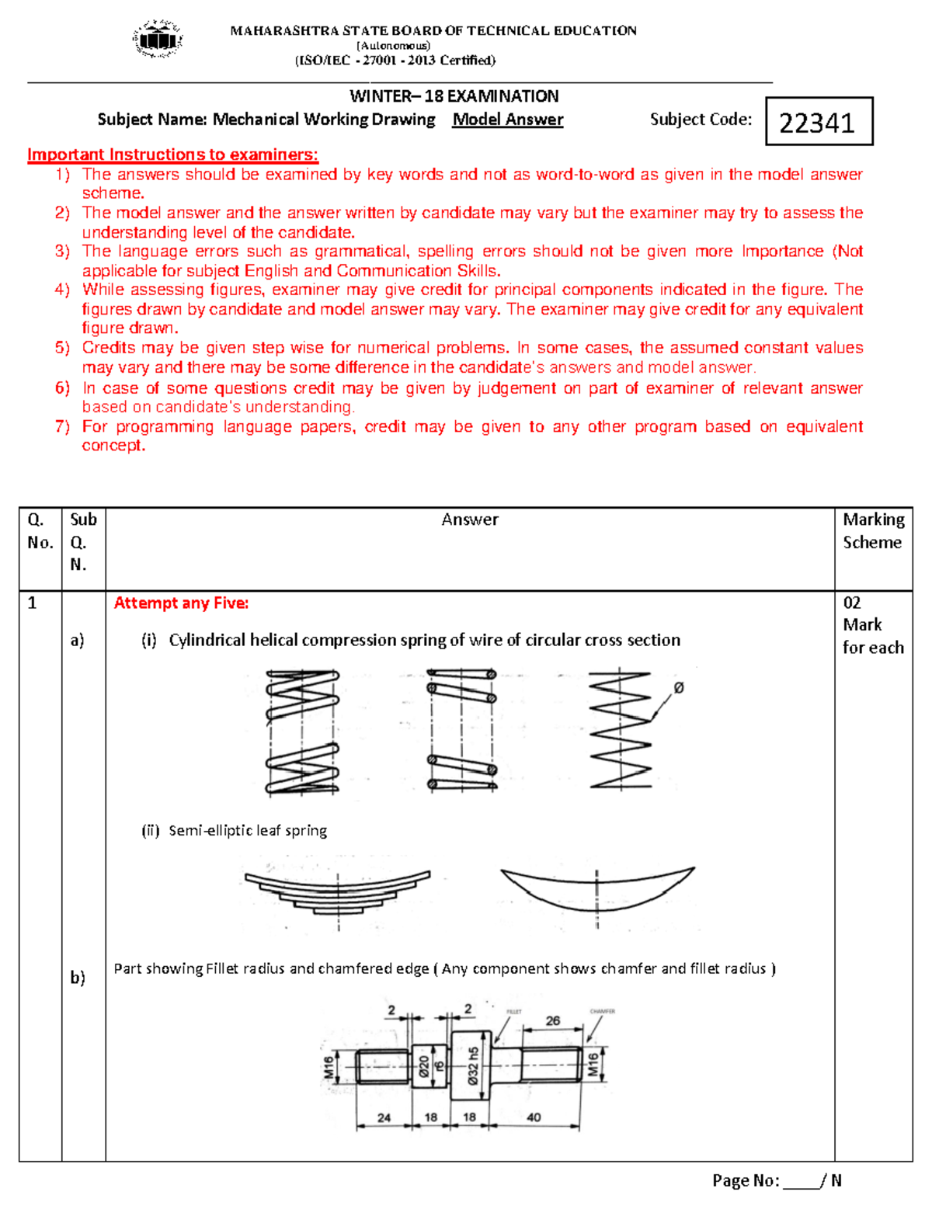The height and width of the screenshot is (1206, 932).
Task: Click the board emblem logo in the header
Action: (x=158, y=39)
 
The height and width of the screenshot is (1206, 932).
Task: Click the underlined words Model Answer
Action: (x=508, y=120)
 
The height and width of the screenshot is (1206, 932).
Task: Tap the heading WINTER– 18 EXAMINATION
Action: (x=454, y=96)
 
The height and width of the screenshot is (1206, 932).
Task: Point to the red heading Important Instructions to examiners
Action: (x=172, y=155)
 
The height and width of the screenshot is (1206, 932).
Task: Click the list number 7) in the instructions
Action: (x=62, y=426)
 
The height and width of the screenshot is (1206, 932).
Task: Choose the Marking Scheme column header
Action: (x=873, y=531)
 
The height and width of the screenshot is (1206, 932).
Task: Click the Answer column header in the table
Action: (x=470, y=520)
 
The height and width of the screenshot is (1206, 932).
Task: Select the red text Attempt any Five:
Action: (x=181, y=603)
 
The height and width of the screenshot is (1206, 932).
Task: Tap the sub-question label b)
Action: (x=78, y=978)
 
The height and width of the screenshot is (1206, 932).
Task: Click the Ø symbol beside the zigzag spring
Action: (x=678, y=687)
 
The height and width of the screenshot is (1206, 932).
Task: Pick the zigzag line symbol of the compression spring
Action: (x=619, y=730)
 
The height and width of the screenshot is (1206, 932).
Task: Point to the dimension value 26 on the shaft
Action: (x=552, y=1020)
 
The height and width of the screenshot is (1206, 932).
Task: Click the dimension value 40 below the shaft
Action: (x=534, y=1117)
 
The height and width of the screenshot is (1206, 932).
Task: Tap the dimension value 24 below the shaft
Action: (x=384, y=1117)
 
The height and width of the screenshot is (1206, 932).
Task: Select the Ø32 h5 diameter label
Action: (x=473, y=1065)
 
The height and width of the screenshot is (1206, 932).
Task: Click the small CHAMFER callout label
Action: (x=602, y=1011)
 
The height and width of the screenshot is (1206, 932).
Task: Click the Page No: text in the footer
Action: (x=746, y=1181)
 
